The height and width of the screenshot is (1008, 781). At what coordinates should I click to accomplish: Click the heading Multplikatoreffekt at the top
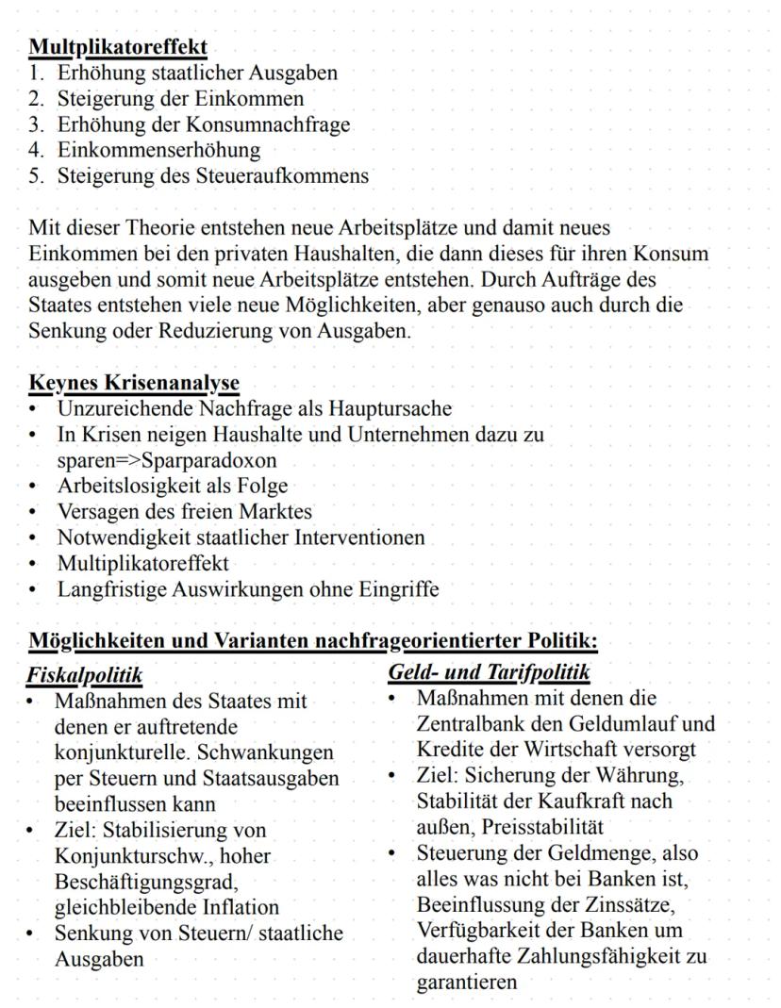[118, 46]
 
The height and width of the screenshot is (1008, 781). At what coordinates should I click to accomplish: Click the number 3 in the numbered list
[34, 124]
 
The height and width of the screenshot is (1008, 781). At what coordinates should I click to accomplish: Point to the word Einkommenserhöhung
[158, 149]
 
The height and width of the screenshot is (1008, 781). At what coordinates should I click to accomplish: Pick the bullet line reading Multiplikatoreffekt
[142, 564]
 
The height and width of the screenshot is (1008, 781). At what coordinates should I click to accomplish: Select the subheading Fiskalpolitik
[84, 675]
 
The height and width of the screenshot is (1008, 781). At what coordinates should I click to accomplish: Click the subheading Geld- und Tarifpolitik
[489, 672]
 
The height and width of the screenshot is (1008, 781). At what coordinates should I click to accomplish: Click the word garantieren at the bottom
[467, 982]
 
